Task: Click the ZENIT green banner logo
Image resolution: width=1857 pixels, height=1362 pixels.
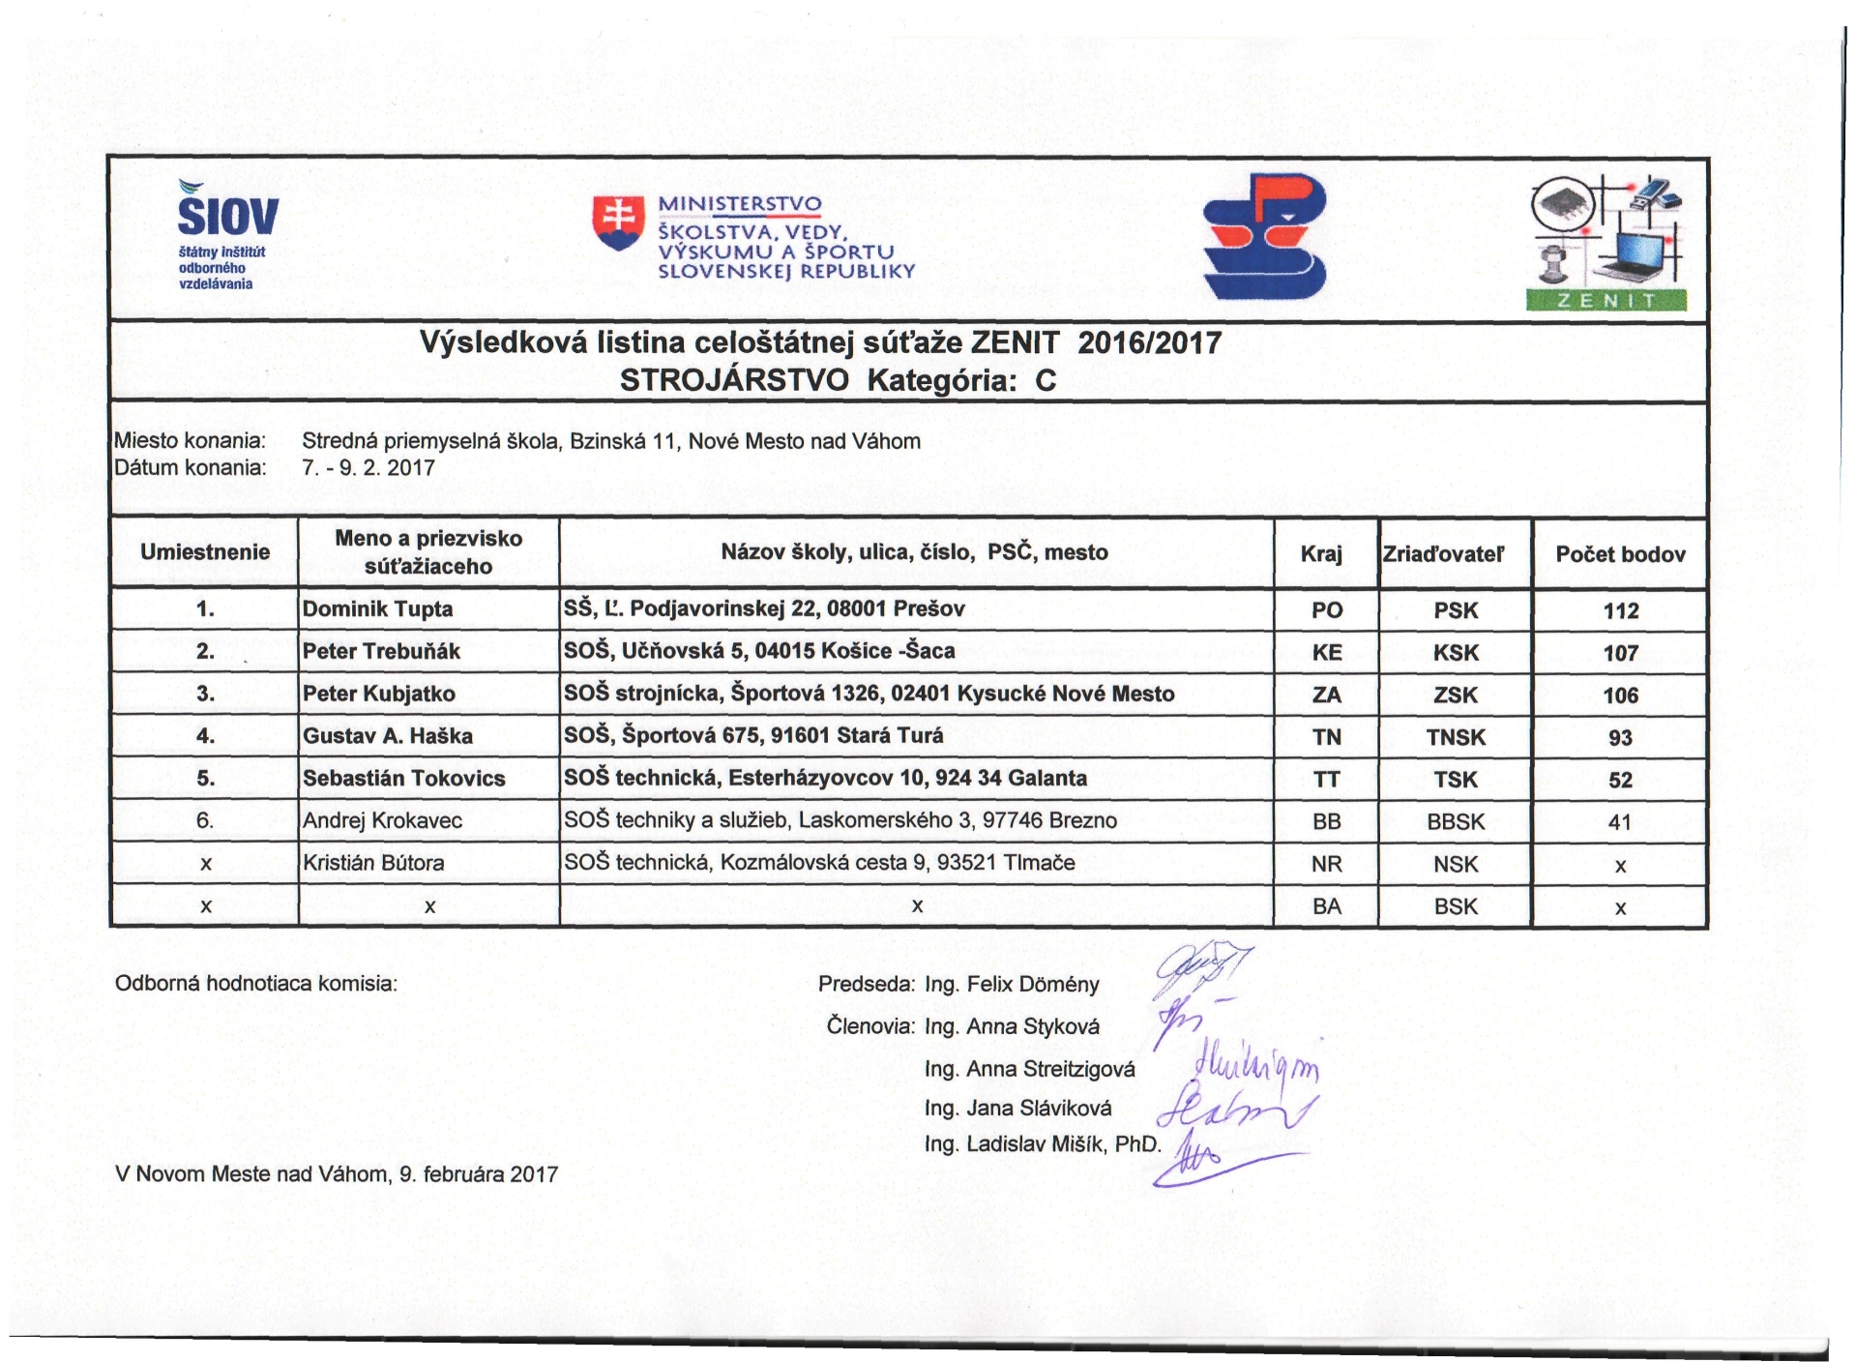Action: pos(1606,300)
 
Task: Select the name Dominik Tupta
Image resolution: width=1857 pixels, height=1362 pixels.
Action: pos(377,609)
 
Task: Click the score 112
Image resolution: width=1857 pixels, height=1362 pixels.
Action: pos(1620,611)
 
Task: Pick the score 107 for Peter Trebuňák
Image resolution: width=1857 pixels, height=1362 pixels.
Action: pos(1620,653)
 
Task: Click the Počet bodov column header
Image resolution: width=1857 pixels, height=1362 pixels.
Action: pos(1620,554)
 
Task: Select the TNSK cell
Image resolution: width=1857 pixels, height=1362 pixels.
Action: pos(1456,737)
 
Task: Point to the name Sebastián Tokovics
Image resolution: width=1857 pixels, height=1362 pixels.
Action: pos(403,779)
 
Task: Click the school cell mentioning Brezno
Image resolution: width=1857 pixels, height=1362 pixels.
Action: pos(840,820)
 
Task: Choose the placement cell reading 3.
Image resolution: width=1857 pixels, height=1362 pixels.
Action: pos(205,695)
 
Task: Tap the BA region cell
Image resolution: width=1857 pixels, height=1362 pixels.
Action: pos(1326,906)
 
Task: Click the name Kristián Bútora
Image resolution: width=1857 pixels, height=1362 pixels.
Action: pos(373,863)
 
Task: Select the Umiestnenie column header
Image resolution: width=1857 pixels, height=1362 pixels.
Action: pos(205,552)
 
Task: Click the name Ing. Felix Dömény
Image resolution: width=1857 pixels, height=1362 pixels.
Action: pos(1012,985)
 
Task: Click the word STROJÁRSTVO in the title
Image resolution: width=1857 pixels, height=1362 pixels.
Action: pos(734,380)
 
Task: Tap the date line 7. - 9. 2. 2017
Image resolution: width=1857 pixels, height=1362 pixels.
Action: pos(368,468)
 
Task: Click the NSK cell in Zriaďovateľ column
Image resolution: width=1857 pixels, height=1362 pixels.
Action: pos(1456,864)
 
